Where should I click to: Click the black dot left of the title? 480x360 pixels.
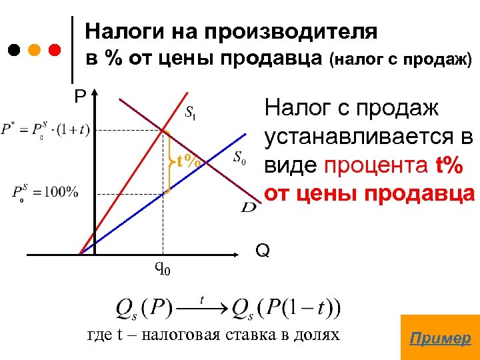(15, 50)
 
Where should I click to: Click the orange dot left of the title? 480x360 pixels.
(35, 50)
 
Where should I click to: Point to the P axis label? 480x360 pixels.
(81, 97)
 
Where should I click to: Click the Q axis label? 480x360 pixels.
(262, 251)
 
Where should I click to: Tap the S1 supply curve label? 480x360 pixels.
(191, 111)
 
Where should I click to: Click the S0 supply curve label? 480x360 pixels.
(240, 158)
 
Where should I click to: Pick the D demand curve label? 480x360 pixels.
(249, 208)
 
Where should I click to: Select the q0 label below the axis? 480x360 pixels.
(163, 268)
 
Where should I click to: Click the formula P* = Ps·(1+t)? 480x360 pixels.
(45, 129)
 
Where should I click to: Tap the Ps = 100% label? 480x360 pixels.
(45, 193)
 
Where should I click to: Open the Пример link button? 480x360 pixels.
(439, 338)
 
